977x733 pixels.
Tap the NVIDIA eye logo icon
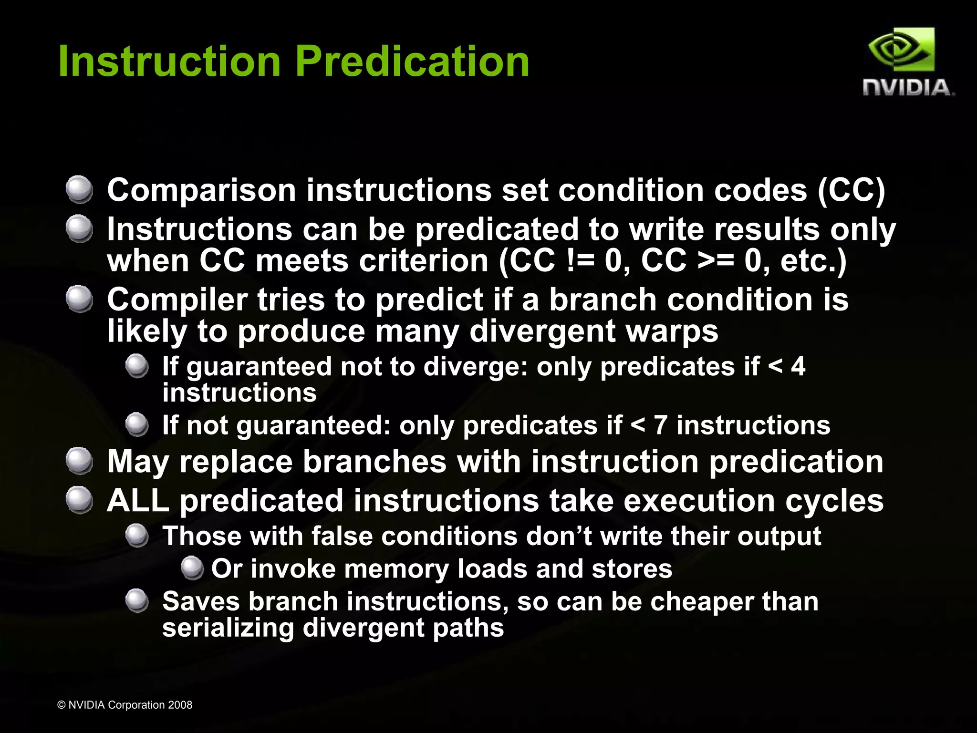pyautogui.click(x=901, y=50)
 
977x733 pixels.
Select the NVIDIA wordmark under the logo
pyautogui.click(x=907, y=88)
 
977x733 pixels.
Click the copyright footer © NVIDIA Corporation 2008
pyautogui.click(x=125, y=705)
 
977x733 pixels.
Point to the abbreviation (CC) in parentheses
pyautogui.click(x=851, y=190)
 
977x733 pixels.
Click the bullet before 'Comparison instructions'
pyautogui.click(x=79, y=189)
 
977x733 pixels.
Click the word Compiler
pyautogui.click(x=177, y=300)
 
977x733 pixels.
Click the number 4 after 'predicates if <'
pyautogui.click(x=798, y=366)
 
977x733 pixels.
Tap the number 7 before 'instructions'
pyautogui.click(x=660, y=425)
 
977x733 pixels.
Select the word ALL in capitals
pyautogui.click(x=138, y=501)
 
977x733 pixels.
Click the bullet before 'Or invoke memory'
pyautogui.click(x=192, y=568)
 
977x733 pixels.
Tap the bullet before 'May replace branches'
pyautogui.click(x=79, y=461)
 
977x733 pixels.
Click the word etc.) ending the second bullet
pyautogui.click(x=813, y=261)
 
